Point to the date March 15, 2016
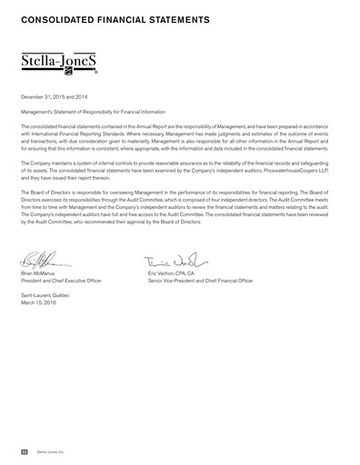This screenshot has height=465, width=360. tap(38, 303)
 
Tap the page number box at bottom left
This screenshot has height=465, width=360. tap(25, 450)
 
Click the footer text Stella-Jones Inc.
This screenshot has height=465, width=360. tap(50, 450)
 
